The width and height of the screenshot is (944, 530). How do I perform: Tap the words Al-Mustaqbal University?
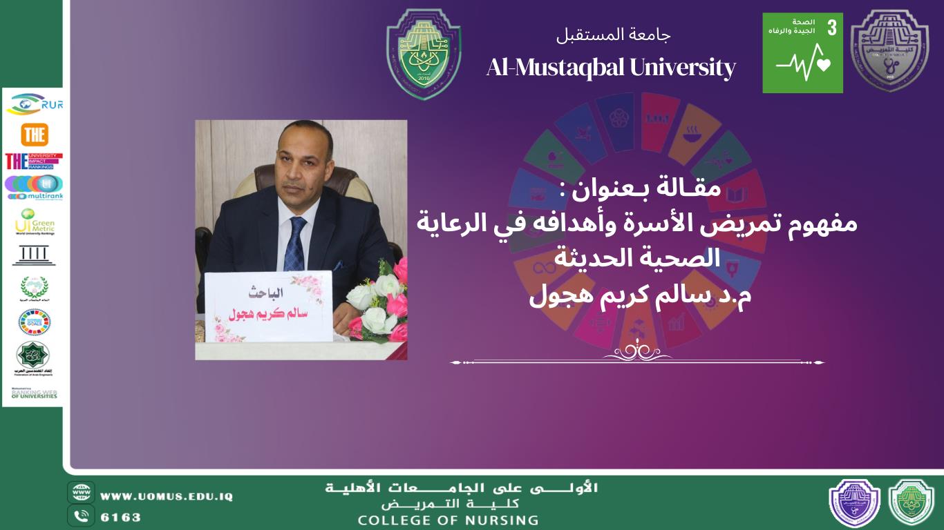611,68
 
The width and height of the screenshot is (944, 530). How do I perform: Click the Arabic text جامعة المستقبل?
614,34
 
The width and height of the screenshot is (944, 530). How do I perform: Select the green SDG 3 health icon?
802,52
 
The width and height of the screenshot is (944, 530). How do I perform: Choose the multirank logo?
34,186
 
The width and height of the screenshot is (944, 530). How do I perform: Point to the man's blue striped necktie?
296,244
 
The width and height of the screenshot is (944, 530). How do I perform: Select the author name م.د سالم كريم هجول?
640,298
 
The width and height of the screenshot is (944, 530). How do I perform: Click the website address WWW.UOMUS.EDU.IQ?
167,496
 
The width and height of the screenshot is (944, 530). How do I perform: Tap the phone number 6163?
121,517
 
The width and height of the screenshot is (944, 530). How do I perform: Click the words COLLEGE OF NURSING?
448,520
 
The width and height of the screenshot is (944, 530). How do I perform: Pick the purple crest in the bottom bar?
854,503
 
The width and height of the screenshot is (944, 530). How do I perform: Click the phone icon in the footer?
81,516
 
